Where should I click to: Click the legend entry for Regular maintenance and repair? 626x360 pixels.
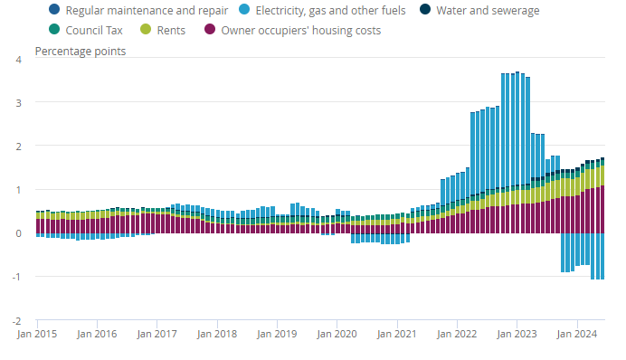138,10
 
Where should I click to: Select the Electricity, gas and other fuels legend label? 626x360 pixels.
322,10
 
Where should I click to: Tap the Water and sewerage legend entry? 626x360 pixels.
479,10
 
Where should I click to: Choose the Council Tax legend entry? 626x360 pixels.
85,30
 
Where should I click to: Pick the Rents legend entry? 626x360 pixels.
163,30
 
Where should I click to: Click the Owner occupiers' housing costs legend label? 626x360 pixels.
292,30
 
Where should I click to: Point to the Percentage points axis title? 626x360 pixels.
81,51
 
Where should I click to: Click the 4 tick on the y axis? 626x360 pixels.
18,60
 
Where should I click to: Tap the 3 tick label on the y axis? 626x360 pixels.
18,103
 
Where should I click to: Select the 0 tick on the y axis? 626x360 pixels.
18,233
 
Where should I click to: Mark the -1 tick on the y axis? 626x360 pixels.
16,277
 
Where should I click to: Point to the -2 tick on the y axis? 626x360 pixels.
16,321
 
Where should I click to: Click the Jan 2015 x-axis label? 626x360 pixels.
37,334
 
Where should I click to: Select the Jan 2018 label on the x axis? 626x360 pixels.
217,334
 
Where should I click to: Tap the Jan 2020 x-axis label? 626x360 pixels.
337,334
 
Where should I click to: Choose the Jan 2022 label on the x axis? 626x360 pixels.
457,334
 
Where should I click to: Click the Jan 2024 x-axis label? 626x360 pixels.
577,334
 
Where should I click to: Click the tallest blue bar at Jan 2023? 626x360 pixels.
517,128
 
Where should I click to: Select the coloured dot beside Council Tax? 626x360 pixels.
54,29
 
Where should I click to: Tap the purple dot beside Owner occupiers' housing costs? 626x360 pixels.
210,29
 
